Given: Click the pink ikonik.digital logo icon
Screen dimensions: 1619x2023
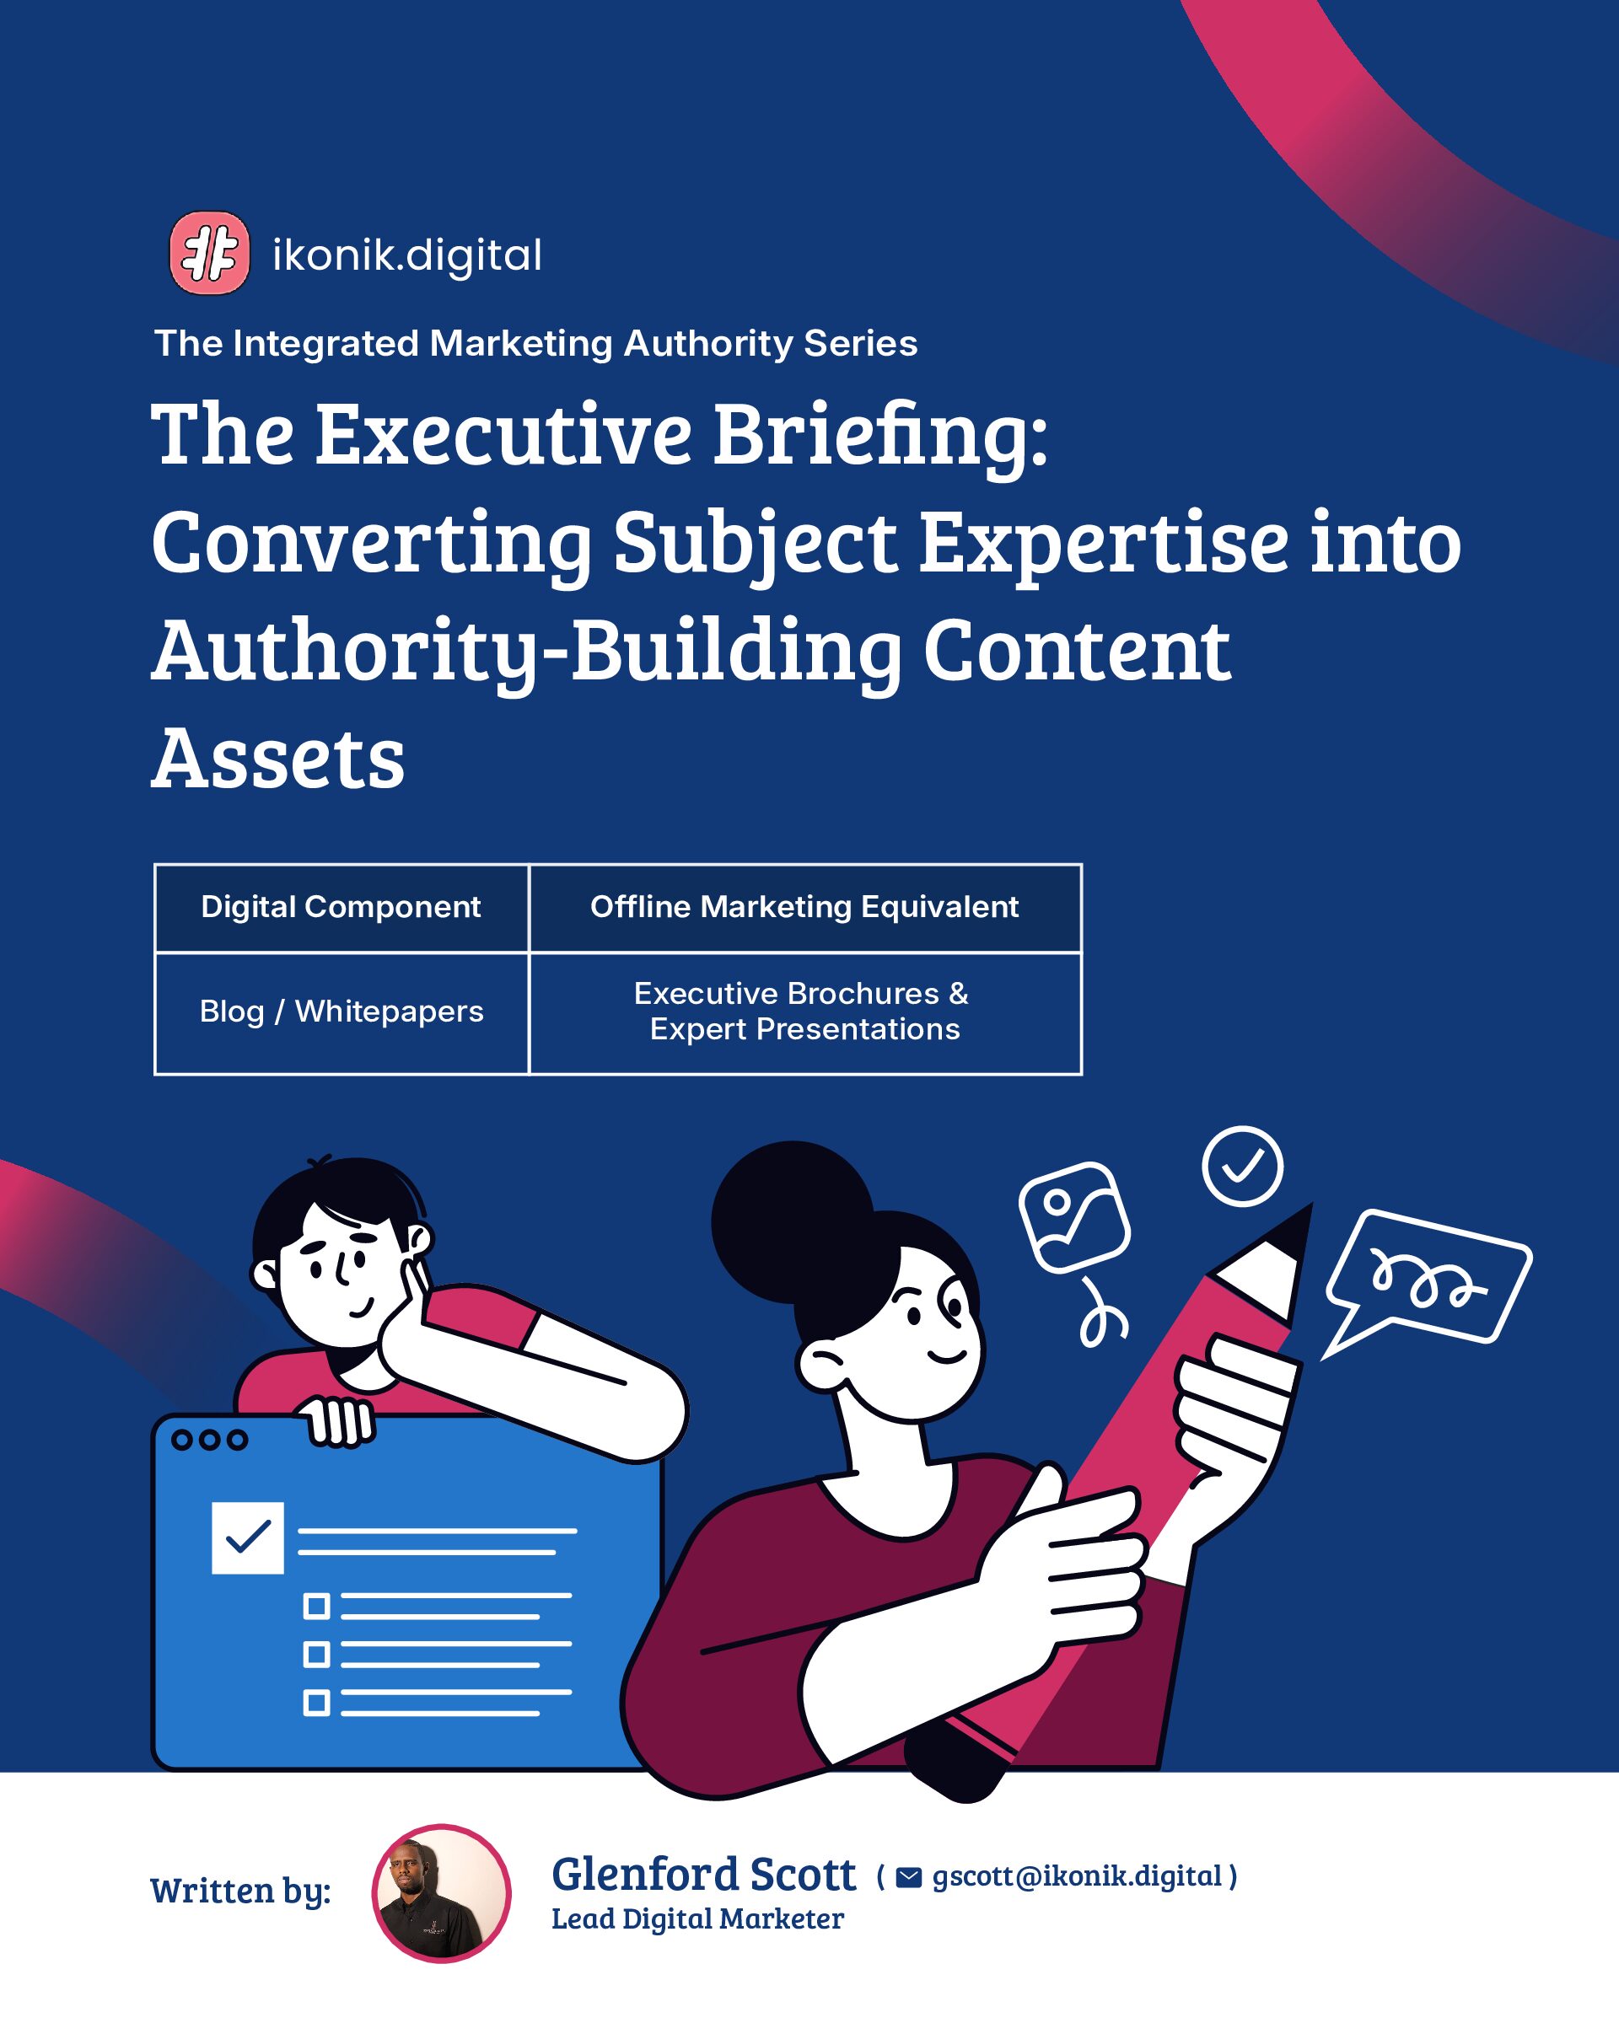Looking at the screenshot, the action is (x=209, y=252).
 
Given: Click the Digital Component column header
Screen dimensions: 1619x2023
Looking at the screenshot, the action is (x=341, y=906).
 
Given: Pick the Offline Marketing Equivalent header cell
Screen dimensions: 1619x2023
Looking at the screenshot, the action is (x=804, y=906).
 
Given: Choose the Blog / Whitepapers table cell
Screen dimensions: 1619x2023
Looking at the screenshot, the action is (x=342, y=1011).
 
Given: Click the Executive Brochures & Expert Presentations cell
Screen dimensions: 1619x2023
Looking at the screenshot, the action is (x=804, y=1011).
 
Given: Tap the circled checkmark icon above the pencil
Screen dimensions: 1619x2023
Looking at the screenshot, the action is (x=1242, y=1166).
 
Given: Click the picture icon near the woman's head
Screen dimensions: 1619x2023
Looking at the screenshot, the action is (x=1074, y=1217).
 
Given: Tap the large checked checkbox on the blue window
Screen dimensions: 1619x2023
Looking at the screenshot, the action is (x=248, y=1537).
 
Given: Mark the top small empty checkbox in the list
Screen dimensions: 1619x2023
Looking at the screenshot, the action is (x=316, y=1607).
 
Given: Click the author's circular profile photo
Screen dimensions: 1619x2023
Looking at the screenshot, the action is (x=441, y=1893).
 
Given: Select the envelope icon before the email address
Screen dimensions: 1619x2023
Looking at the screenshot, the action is (x=908, y=1876).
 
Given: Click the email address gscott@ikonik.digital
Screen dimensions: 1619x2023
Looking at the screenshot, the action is (x=1077, y=1875).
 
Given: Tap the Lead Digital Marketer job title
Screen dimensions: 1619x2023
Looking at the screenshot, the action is (x=697, y=1918).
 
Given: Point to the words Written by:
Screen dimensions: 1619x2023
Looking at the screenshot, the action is (x=240, y=1892).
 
